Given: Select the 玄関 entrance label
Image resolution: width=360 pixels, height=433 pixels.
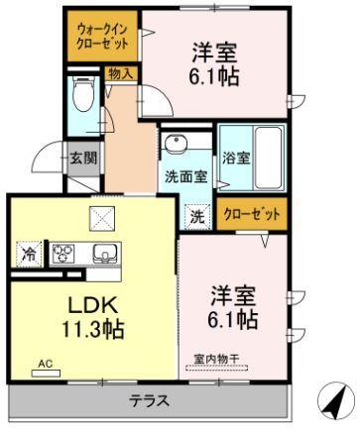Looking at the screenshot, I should coord(81,156).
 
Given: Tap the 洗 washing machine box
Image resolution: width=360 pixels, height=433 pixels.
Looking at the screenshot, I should coord(198,213).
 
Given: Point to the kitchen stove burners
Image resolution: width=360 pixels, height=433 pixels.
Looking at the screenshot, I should coord(63,254).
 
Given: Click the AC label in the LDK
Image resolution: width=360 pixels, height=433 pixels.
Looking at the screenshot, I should coord(45,365).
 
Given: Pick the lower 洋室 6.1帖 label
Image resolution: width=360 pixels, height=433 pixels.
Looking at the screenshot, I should coord(234,308).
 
